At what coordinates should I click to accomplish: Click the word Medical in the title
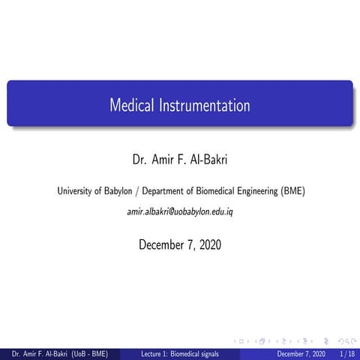(x=131, y=106)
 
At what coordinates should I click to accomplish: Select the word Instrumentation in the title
(x=203, y=106)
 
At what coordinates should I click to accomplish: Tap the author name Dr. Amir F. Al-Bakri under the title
(x=180, y=160)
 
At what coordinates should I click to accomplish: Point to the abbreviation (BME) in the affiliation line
(x=290, y=190)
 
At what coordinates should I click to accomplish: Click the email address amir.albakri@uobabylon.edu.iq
(x=180, y=213)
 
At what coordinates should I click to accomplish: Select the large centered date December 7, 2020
(x=180, y=244)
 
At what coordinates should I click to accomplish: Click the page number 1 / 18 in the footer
(x=347, y=353)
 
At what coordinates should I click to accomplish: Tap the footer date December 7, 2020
(x=301, y=353)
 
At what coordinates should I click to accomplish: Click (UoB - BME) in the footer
(x=89, y=353)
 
